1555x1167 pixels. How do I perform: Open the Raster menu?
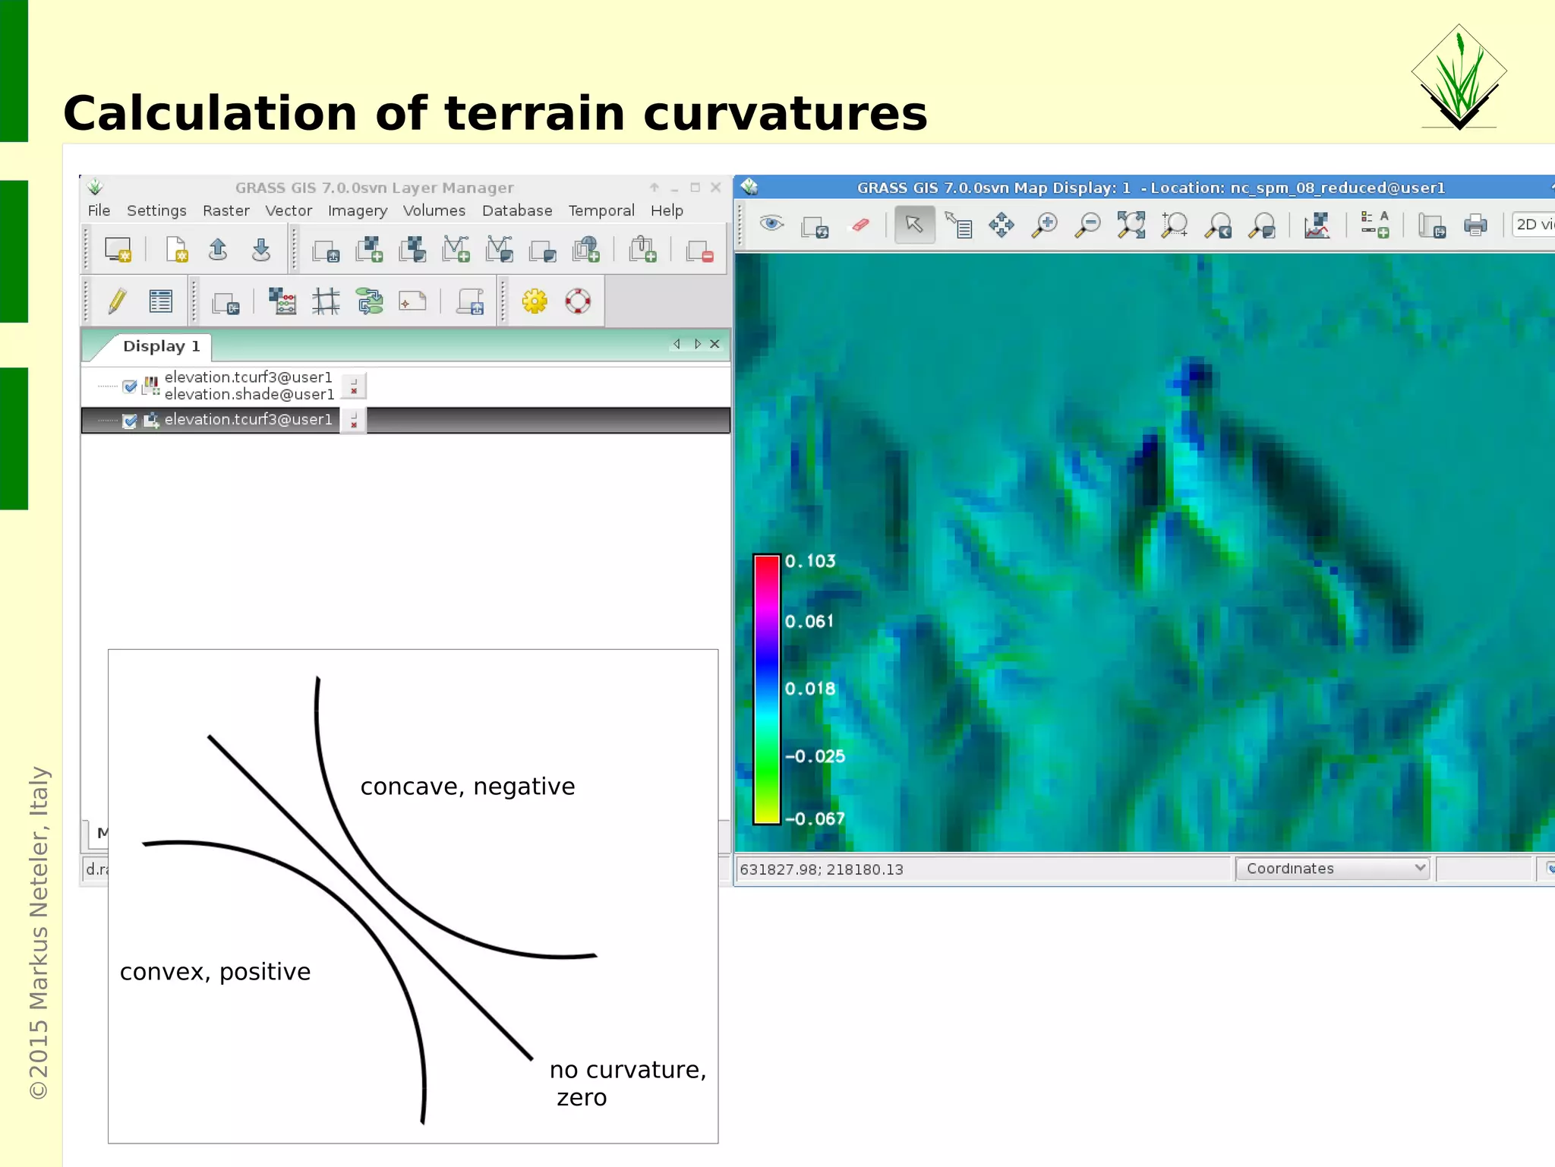[x=226, y=210]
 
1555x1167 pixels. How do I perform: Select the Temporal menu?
[x=601, y=210]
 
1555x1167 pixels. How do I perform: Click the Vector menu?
[x=288, y=210]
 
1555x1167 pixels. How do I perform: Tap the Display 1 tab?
[x=160, y=346]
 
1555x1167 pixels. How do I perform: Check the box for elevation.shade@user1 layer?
[x=130, y=386]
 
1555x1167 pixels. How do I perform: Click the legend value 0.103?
[x=809, y=561]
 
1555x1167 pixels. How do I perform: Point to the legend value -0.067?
[x=815, y=818]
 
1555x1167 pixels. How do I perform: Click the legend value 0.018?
[x=809, y=689]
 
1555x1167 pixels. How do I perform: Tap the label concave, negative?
[x=467, y=787]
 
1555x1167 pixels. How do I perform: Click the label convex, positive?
[x=215, y=972]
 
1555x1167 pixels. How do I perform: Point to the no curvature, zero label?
[x=627, y=1082]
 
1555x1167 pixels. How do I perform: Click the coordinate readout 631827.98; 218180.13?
[x=822, y=869]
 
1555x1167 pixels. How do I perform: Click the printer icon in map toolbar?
[x=1475, y=226]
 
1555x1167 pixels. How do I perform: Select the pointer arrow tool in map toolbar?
[x=913, y=225]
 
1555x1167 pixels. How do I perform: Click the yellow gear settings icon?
[x=535, y=301]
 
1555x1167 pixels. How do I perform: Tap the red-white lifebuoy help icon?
[x=578, y=301]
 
